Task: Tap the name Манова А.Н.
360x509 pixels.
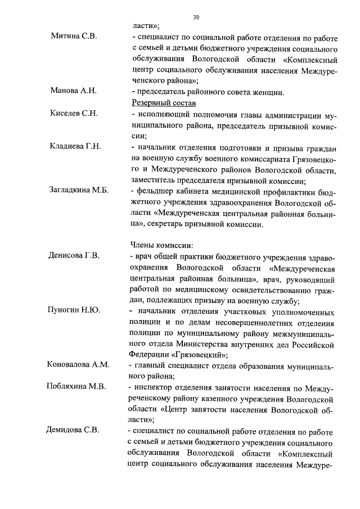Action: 74,91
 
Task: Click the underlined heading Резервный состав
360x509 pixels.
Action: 164,103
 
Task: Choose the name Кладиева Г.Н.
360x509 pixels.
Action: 75,147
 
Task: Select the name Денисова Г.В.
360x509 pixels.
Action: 75,256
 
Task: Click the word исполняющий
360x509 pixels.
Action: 162,114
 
